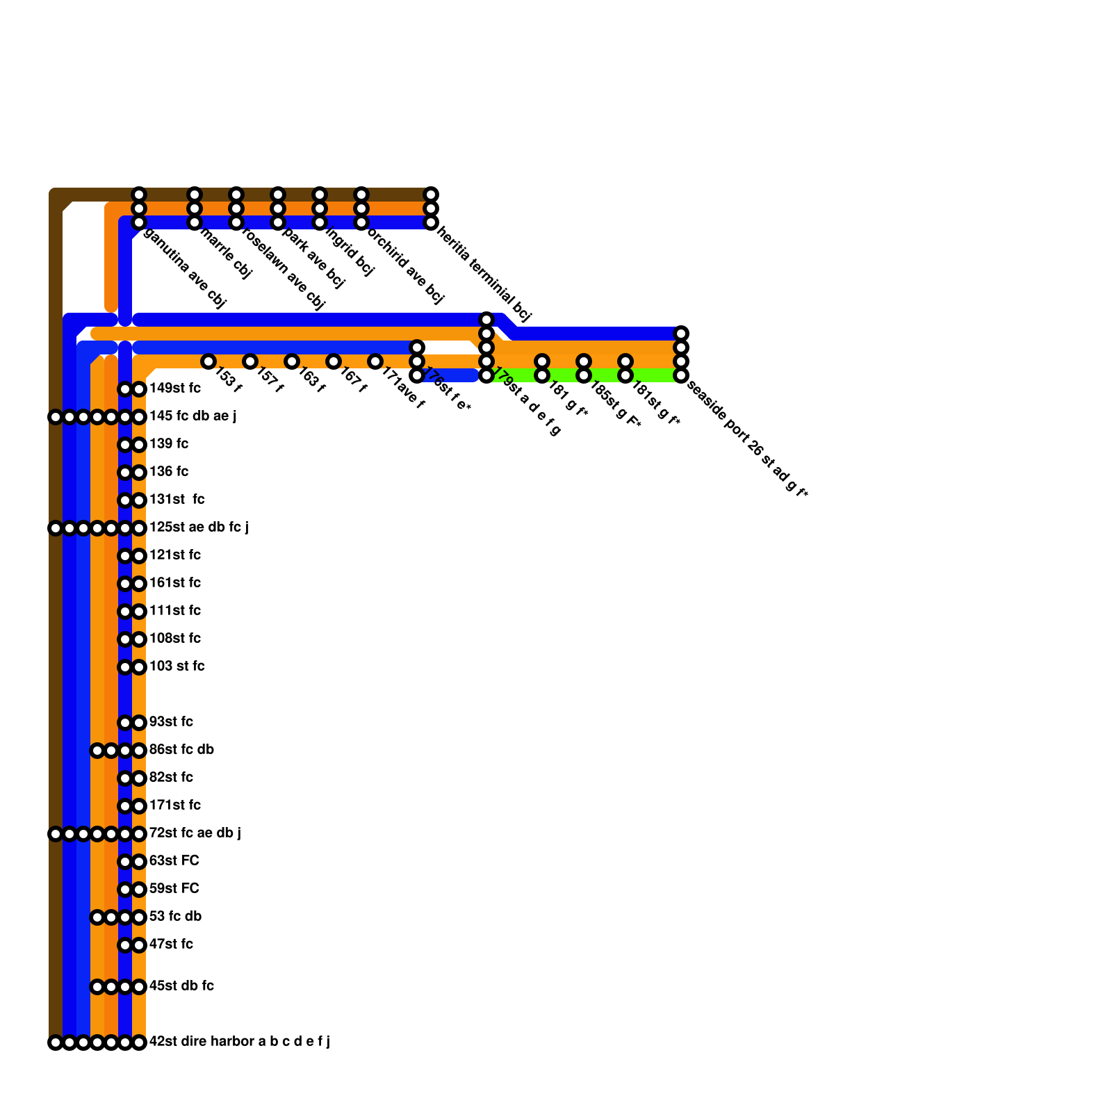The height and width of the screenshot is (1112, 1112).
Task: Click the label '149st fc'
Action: [175, 389]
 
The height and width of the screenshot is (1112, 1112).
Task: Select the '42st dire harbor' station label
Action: [239, 1042]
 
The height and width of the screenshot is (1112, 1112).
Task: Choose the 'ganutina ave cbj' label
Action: [184, 268]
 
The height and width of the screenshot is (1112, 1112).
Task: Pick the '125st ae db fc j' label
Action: [199, 528]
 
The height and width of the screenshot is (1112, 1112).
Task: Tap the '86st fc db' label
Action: [181, 750]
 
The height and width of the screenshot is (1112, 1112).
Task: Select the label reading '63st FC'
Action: [174, 861]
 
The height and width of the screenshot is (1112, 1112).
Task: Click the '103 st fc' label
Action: [177, 667]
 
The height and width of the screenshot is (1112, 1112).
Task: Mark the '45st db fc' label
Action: [181, 986]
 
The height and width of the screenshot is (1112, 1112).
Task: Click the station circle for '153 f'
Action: [208, 361]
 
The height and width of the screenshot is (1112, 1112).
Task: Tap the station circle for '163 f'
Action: [292, 361]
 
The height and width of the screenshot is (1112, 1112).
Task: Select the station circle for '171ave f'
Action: [375, 361]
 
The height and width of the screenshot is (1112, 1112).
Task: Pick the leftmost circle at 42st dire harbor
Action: [56, 1042]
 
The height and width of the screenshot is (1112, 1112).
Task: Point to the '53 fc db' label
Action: [175, 917]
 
